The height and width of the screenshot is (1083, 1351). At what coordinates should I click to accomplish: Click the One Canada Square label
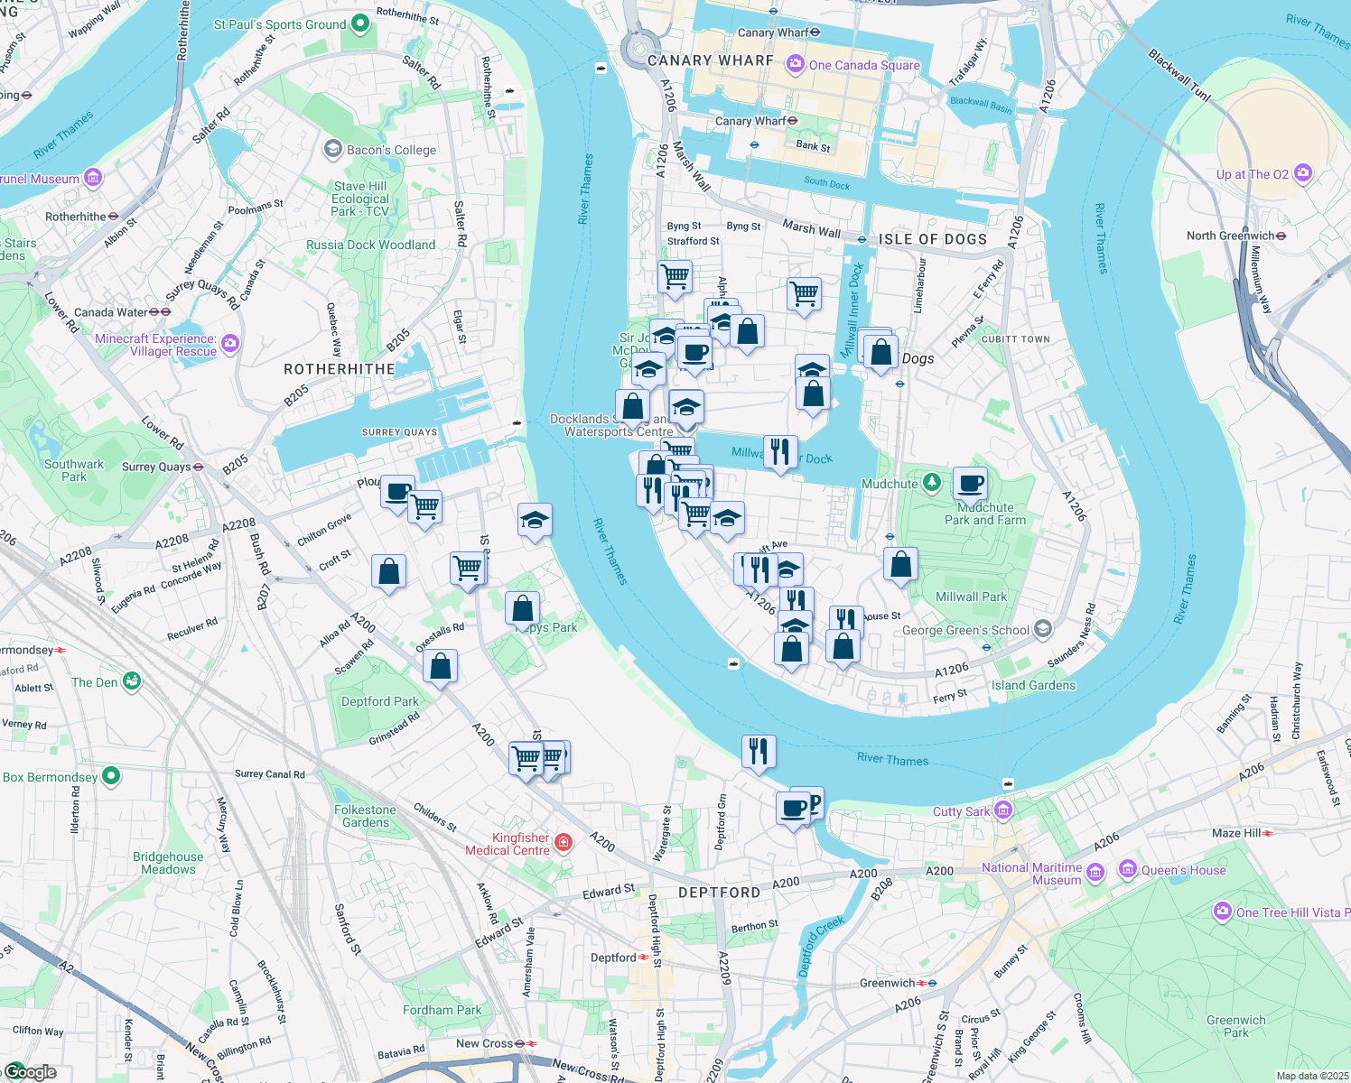pyautogui.click(x=863, y=65)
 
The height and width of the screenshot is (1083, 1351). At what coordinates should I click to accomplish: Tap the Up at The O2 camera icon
pyautogui.click(x=1302, y=173)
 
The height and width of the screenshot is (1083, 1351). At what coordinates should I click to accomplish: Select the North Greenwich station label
pyautogui.click(x=1230, y=236)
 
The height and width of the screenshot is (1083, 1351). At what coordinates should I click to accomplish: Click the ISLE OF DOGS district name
pyautogui.click(x=933, y=239)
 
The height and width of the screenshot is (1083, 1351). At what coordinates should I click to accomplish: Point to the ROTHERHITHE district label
pyautogui.click(x=339, y=369)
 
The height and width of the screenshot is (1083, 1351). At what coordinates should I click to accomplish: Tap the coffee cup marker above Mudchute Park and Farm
pyautogui.click(x=970, y=484)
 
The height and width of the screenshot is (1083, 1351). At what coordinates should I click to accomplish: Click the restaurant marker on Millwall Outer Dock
pyautogui.click(x=780, y=451)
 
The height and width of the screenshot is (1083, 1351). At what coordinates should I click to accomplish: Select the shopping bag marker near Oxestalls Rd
pyautogui.click(x=440, y=667)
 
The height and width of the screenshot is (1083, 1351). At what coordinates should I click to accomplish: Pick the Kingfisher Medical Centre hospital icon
pyautogui.click(x=564, y=843)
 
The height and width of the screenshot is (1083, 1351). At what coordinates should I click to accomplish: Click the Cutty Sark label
pyautogui.click(x=961, y=811)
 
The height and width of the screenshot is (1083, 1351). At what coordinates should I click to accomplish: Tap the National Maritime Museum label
pyautogui.click(x=1031, y=874)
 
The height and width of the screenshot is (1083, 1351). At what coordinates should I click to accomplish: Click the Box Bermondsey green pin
pyautogui.click(x=110, y=776)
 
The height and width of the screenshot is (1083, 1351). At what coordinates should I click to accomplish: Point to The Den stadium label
pyautogui.click(x=95, y=682)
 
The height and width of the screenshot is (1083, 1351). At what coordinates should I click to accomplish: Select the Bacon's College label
pyautogui.click(x=391, y=150)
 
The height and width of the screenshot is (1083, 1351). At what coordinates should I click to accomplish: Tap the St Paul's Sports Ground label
pyautogui.click(x=280, y=24)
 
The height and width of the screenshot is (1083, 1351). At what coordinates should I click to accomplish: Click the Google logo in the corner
pyautogui.click(x=30, y=1072)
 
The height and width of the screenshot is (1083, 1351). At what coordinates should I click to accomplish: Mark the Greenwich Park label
pyautogui.click(x=1235, y=1026)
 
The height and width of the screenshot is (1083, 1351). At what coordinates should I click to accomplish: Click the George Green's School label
pyautogui.click(x=965, y=630)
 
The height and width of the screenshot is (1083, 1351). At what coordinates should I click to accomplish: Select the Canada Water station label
pyautogui.click(x=110, y=312)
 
